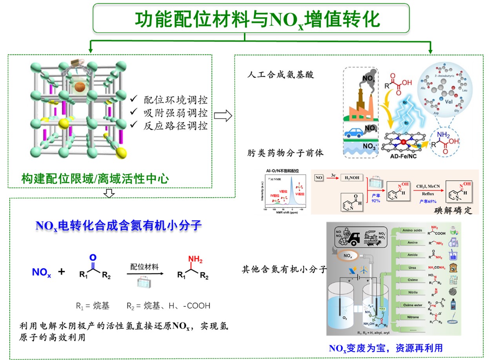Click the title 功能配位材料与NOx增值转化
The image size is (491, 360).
(x=251, y=18)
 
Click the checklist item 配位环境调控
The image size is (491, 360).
(x=175, y=100)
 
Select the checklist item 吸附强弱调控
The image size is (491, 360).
(x=175, y=113)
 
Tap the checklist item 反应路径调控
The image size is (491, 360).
(x=175, y=126)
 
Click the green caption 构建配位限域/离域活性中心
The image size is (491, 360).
(x=95, y=179)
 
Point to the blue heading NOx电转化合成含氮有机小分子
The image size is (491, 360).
(x=118, y=225)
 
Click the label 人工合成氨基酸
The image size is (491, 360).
(x=281, y=75)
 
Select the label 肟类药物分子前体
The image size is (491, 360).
(x=286, y=153)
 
